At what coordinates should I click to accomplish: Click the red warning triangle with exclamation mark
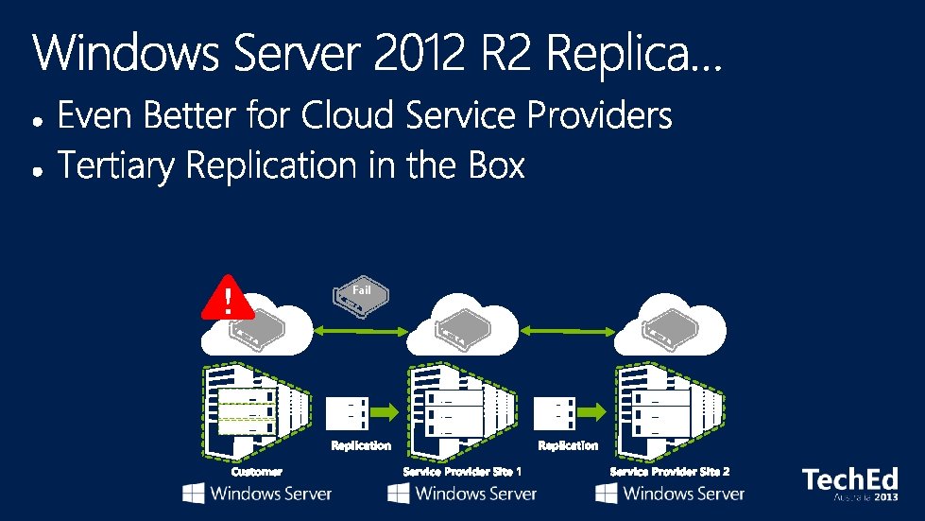227,297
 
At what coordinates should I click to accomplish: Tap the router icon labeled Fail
361,295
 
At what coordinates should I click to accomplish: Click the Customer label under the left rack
257,471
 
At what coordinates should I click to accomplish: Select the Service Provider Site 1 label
462,471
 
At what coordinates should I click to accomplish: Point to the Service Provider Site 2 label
670,471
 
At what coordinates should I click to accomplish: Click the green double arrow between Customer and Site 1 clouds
363,331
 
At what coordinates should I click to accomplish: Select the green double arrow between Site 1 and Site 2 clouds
568,331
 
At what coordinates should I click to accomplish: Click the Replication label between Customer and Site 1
361,444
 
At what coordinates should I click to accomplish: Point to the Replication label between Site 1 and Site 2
568,444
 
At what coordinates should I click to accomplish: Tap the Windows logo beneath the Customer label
194,494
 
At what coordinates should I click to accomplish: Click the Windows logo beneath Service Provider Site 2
607,494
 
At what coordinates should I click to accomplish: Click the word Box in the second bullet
495,166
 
